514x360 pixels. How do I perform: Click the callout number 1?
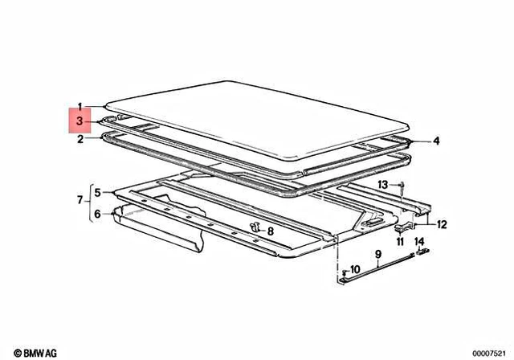click(80, 107)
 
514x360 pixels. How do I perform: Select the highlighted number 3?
click(80, 121)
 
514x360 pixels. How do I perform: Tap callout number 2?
click(80, 139)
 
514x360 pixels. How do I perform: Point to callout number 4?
click(436, 141)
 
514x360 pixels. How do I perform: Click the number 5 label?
click(97, 193)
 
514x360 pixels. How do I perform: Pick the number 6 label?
click(97, 214)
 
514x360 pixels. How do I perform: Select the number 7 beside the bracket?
click(80, 199)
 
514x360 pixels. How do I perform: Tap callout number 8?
click(271, 231)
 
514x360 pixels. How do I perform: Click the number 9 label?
click(378, 254)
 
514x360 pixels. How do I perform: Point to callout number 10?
click(355, 269)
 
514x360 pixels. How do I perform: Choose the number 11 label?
click(400, 242)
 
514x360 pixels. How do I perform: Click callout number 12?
click(442, 224)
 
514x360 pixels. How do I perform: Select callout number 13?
click(383, 185)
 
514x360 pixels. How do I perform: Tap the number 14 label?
click(419, 242)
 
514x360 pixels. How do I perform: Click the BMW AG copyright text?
click(35, 353)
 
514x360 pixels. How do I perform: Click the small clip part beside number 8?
click(255, 227)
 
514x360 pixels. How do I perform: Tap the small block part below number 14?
click(423, 252)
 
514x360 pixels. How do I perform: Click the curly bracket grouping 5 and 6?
click(89, 203)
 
